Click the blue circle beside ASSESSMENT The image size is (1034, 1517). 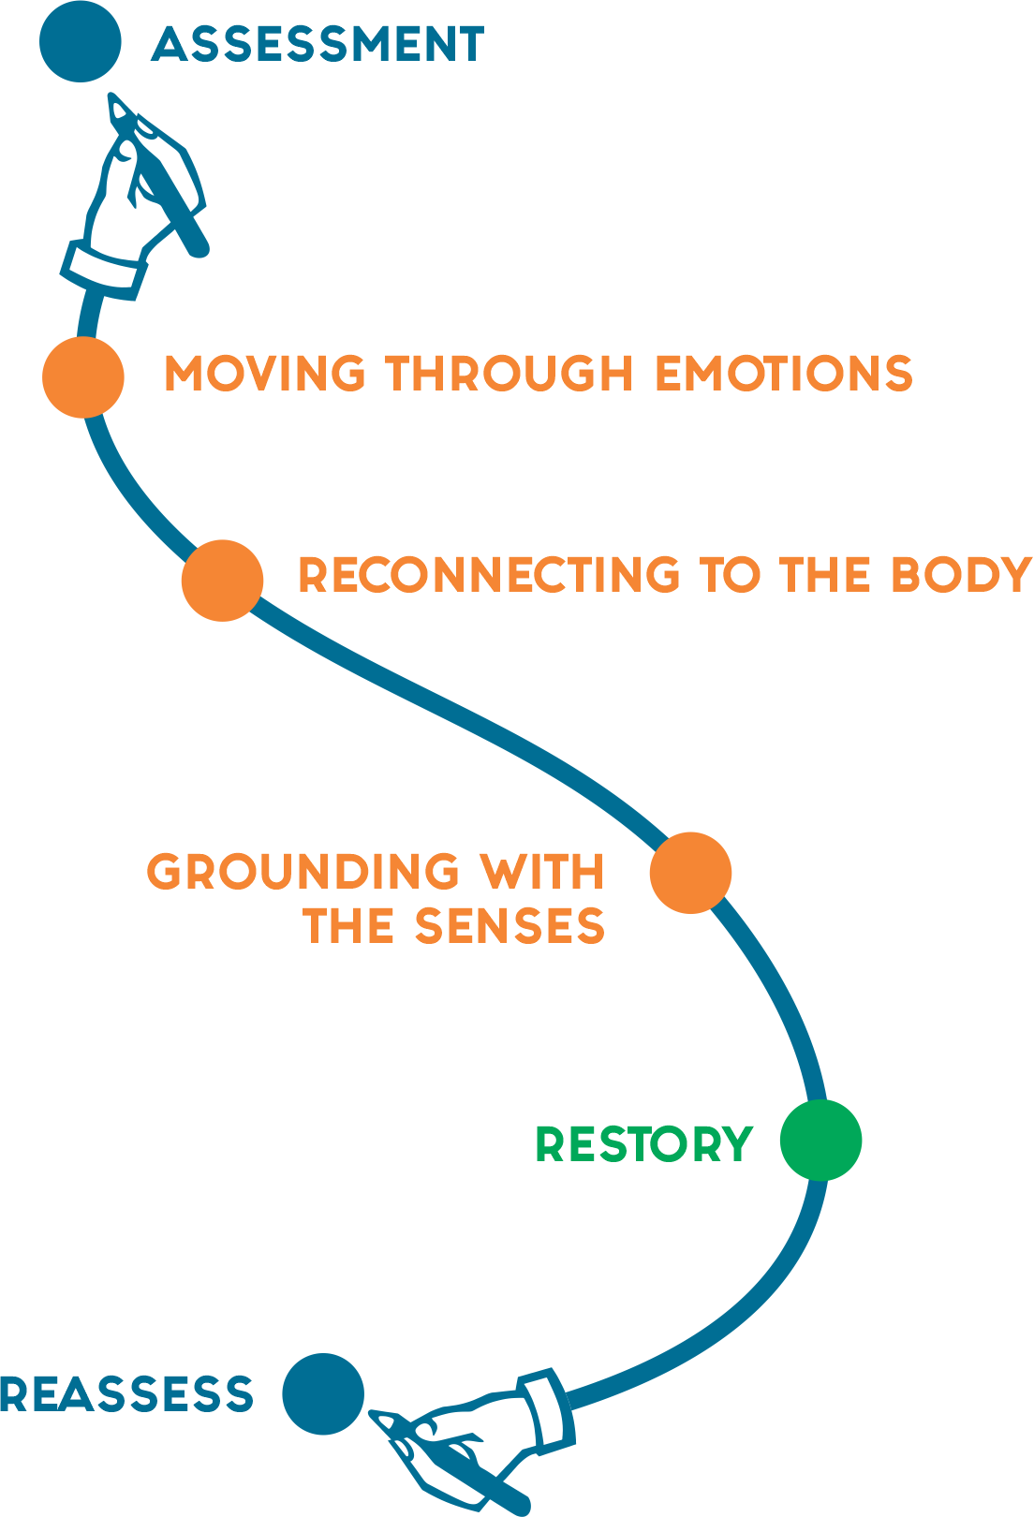pyautogui.click(x=80, y=41)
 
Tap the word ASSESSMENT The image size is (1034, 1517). pyautogui.click(x=318, y=45)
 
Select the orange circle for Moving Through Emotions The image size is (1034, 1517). pyautogui.click(x=83, y=377)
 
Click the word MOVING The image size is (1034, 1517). pyautogui.click(x=265, y=373)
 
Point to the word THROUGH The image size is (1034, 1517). pyautogui.click(x=510, y=373)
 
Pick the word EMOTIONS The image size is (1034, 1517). pyautogui.click(x=784, y=373)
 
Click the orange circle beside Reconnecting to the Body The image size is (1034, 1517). pyautogui.click(x=222, y=581)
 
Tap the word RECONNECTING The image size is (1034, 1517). pyautogui.click(x=489, y=575)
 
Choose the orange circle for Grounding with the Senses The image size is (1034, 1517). pyautogui.click(x=690, y=873)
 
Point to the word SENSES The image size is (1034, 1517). pyautogui.click(x=510, y=926)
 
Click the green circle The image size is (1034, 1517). pyautogui.click(x=820, y=1141)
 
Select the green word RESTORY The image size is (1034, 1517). pyautogui.click(x=644, y=1144)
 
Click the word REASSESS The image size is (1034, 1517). pyautogui.click(x=126, y=1393)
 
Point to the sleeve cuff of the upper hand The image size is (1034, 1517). pyautogui.click(x=104, y=271)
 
